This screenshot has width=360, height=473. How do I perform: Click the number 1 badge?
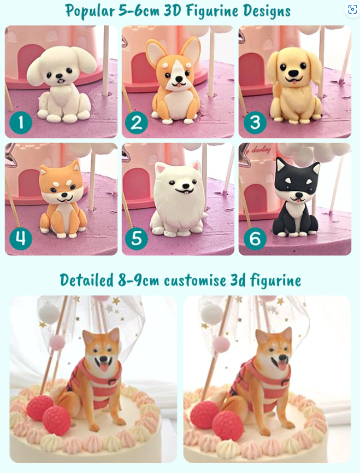coord(21,122)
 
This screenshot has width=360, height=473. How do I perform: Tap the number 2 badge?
coord(137,122)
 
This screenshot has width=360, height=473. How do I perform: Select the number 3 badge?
coord(255,122)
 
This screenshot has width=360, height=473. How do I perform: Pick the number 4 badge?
coord(21,238)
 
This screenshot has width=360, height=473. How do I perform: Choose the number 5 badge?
coord(137,238)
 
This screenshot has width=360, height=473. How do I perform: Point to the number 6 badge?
coord(255,238)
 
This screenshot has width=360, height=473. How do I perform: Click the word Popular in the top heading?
coord(90,11)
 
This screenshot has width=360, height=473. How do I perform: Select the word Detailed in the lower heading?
coord(86,280)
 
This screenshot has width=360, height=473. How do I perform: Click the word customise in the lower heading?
coord(194,281)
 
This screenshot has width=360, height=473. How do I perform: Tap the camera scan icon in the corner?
coord(352,9)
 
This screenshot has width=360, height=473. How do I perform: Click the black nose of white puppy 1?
coord(60,77)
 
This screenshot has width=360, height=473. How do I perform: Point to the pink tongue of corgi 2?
coord(179,85)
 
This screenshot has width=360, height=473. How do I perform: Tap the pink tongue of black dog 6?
coord(298,200)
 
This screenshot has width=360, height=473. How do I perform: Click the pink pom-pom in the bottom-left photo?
coord(57,343)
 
